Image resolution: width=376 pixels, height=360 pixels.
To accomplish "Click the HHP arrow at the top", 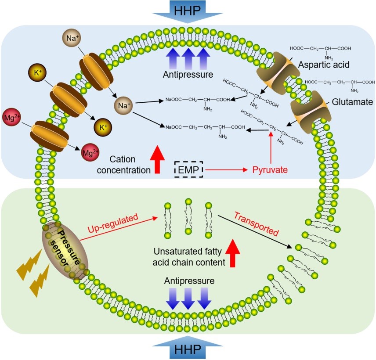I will tap(188, 10).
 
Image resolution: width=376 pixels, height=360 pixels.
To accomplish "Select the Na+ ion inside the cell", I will tap(123, 105).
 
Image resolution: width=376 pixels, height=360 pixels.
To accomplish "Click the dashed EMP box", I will tap(189, 169).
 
